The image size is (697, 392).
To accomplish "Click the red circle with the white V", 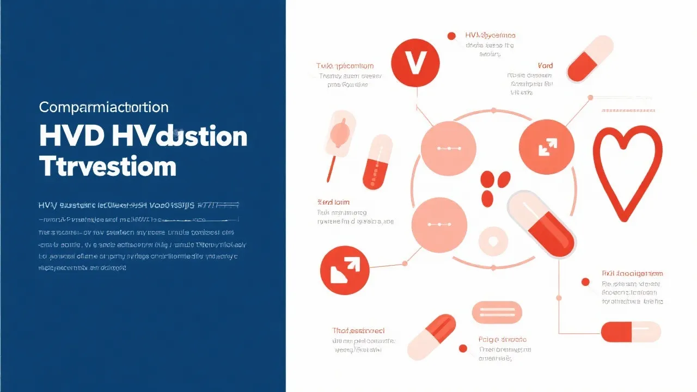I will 414,63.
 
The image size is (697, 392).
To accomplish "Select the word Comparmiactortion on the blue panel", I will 103,107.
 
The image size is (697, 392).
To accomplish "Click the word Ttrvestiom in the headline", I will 108,165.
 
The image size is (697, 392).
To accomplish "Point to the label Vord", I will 545,66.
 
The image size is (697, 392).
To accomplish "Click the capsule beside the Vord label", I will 590,58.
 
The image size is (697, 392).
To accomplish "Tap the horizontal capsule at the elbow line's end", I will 631,332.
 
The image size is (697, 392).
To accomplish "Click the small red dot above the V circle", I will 451,36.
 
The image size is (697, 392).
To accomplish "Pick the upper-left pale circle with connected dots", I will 449,148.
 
